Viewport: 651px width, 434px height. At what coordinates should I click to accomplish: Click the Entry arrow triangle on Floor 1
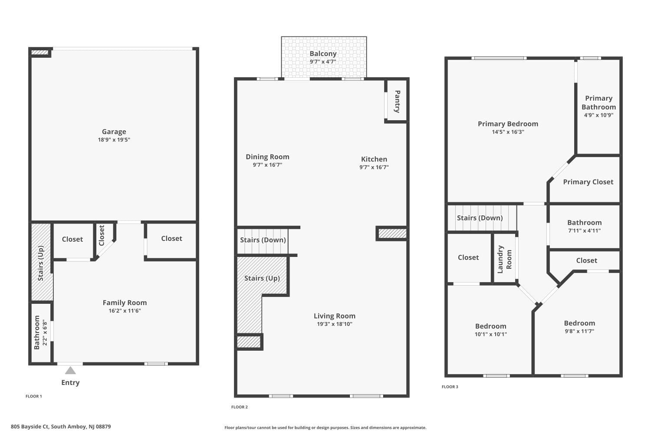click(x=70, y=370)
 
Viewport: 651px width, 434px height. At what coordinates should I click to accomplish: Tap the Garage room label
click(x=114, y=132)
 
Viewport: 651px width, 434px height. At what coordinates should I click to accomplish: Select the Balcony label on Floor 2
click(x=323, y=53)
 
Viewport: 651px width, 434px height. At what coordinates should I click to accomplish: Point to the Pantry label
click(x=397, y=102)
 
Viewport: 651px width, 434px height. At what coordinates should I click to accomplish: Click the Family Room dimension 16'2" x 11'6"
click(x=125, y=311)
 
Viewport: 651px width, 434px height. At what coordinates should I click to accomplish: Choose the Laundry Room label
click(x=504, y=259)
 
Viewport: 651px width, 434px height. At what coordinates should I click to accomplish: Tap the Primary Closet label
click(x=588, y=182)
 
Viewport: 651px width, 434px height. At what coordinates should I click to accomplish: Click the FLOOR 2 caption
click(x=240, y=407)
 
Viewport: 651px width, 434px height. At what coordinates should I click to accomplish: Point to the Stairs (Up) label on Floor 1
click(x=41, y=263)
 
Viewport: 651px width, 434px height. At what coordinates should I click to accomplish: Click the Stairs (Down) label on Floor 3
click(x=480, y=218)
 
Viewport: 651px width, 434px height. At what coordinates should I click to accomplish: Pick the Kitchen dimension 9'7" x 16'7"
click(x=374, y=167)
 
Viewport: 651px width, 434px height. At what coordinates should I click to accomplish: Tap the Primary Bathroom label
click(x=598, y=102)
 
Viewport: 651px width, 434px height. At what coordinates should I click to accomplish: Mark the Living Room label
click(x=334, y=316)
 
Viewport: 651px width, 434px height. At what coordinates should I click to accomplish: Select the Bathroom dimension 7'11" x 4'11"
click(x=584, y=231)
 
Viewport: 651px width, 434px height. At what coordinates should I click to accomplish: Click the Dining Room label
click(x=267, y=157)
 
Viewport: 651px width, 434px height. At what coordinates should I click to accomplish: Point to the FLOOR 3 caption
click(x=450, y=387)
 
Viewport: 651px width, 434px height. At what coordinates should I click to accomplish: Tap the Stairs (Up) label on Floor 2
click(x=262, y=278)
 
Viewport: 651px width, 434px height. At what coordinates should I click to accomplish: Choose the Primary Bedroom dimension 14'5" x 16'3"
click(x=508, y=132)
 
